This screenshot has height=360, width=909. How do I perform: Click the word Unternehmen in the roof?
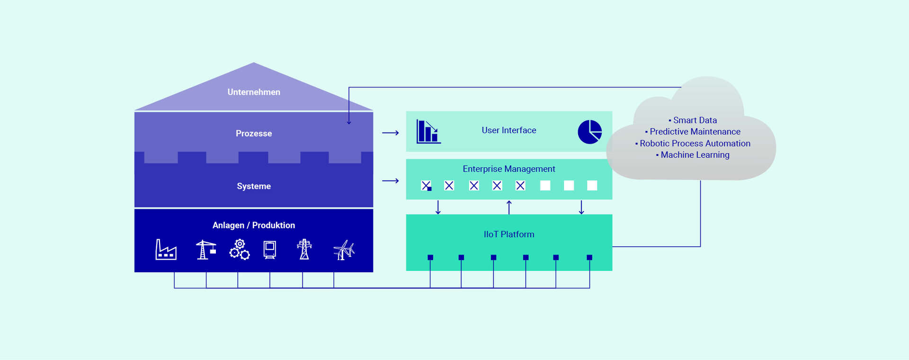point(254,92)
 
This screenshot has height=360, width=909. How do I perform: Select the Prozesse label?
point(254,134)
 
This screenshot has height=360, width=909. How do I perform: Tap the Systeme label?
point(254,186)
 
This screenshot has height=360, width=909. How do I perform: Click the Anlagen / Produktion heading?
point(254,225)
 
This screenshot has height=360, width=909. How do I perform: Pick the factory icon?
point(166,250)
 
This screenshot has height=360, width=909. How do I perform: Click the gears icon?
point(240,250)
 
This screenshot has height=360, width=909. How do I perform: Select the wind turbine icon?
point(344,250)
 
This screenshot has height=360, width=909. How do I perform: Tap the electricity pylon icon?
point(304,250)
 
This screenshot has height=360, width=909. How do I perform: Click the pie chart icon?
point(589,132)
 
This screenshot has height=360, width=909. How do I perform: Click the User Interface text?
point(509,130)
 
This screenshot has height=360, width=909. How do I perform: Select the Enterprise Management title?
point(509,169)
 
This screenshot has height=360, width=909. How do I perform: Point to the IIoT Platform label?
point(509,234)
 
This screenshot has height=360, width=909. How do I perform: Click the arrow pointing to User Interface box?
point(391,133)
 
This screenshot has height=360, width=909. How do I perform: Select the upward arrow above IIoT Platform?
point(509,207)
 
